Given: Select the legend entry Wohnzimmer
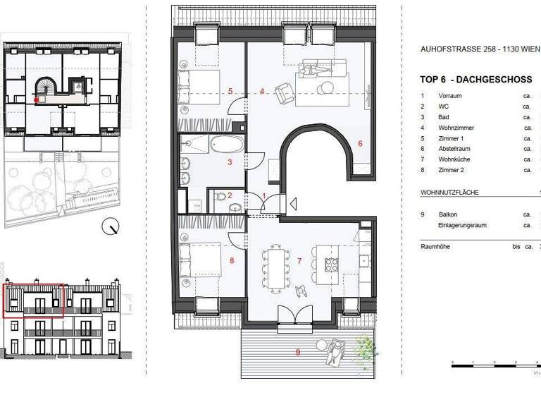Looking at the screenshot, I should point(456,128).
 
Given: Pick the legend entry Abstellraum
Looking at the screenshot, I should point(454,149).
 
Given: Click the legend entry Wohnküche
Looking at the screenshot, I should point(454,159).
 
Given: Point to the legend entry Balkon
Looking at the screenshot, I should point(448,214).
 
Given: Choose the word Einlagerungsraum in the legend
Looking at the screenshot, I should point(462,225).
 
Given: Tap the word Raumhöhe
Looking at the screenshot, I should point(436,247).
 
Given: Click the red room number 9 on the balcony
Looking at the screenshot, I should point(297,351).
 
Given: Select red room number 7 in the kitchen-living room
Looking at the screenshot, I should point(299,262).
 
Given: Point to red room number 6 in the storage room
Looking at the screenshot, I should point(359,143).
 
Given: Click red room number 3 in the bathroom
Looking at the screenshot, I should point(229,162).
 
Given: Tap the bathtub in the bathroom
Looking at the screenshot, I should point(228,145).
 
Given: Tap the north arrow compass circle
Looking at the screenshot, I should point(110,226).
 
